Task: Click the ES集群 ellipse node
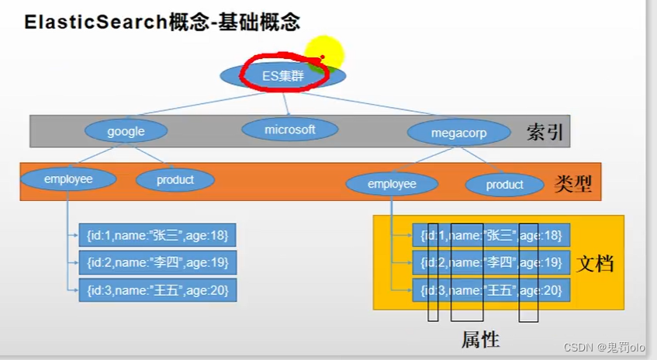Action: point(282,75)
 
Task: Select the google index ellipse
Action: point(126,131)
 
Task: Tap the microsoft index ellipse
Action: point(290,130)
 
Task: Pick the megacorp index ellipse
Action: point(458,132)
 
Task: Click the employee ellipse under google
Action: point(68,179)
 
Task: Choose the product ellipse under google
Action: point(175,179)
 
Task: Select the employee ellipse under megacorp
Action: point(392,184)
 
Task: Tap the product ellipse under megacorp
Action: point(504,185)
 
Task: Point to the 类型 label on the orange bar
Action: point(574,184)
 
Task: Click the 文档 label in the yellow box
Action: point(596,264)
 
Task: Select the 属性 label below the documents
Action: point(480,340)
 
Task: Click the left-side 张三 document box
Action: point(157,234)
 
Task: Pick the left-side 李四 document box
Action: point(157,262)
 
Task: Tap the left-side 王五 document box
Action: point(157,290)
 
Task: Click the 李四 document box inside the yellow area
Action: point(491,263)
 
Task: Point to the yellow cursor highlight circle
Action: point(324,54)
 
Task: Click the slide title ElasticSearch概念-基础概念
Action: point(162,22)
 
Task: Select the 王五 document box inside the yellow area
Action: point(491,291)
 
